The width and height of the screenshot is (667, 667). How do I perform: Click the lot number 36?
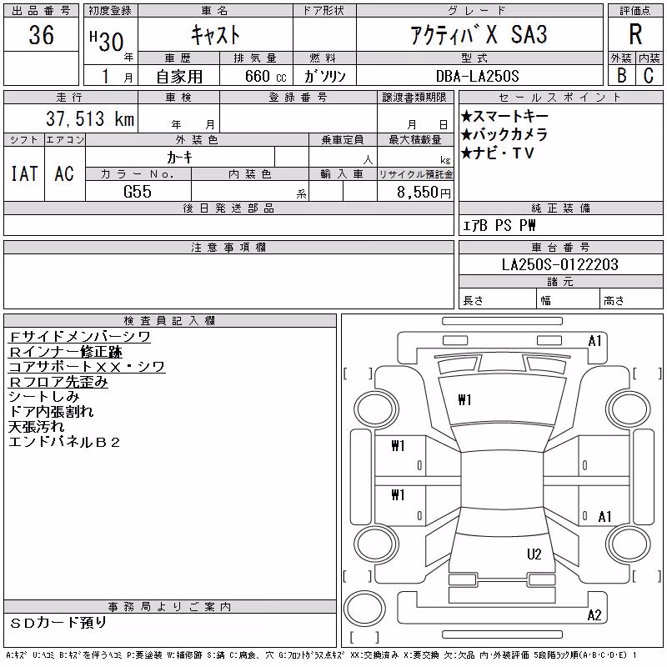pyautogui.click(x=41, y=34)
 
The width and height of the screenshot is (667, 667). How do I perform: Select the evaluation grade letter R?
pyautogui.click(x=635, y=34)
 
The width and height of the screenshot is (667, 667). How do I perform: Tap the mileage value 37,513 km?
pyautogui.click(x=90, y=118)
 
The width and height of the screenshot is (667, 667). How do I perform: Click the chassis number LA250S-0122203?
pyautogui.click(x=559, y=264)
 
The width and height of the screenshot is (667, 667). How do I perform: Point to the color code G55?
pyautogui.click(x=138, y=192)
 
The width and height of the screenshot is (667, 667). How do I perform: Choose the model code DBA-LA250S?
pyautogui.click(x=477, y=76)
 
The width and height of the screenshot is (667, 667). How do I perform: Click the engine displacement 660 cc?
pyautogui.click(x=265, y=76)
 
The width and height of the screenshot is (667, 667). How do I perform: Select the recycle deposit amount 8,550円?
pyautogui.click(x=424, y=193)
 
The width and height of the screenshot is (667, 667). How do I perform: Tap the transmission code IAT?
pyautogui.click(x=24, y=173)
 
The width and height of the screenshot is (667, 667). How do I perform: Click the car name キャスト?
pyautogui.click(x=215, y=34)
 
